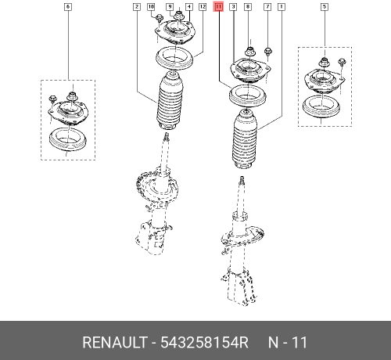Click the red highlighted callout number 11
click(x=218, y=6)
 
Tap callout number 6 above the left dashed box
click(x=68, y=6)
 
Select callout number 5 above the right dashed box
click(x=325, y=6)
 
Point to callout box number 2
click(x=137, y=6)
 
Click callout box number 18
click(x=152, y=6)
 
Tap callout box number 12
click(x=203, y=6)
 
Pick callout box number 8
click(x=248, y=6)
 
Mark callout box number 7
click(x=267, y=6)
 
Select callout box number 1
click(x=281, y=6)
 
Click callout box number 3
click(x=233, y=6)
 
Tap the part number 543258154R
click(x=204, y=343)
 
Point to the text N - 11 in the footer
click(x=288, y=343)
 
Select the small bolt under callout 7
click(x=268, y=53)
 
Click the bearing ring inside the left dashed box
click(x=67, y=142)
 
